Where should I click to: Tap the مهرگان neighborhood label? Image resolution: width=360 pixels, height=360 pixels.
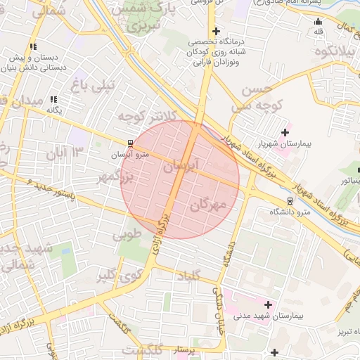[x=210, y=205]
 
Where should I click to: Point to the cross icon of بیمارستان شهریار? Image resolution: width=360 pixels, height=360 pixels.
[x=285, y=132]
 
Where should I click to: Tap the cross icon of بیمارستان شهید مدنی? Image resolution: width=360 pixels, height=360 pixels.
[x=267, y=304]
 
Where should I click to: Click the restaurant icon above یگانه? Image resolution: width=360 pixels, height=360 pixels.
[x=54, y=100]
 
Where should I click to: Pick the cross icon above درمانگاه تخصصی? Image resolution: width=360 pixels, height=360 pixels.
[x=216, y=31]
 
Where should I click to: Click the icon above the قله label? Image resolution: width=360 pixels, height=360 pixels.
[x=318, y=20]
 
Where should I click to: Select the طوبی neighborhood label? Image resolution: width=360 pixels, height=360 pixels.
[x=128, y=233]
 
